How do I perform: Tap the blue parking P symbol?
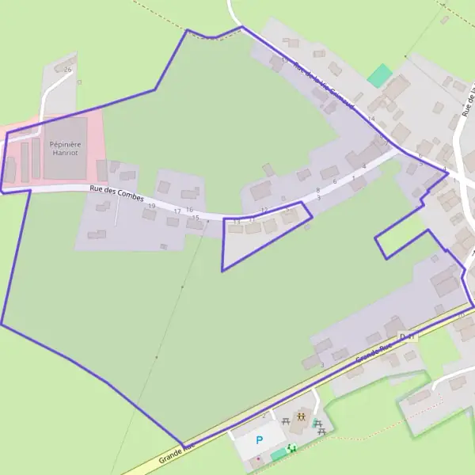(259, 440)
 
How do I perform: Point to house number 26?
(68, 70)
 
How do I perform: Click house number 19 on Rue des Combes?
(151, 206)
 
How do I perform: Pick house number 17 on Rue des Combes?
(177, 211)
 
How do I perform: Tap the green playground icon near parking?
(292, 448)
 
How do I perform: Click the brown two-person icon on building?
(302, 416)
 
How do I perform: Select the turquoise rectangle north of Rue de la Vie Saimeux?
(380, 76)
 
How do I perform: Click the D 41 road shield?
(408, 337)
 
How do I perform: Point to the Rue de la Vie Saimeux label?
(323, 82)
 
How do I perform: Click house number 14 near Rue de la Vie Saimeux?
(370, 119)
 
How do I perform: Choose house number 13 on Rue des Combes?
(236, 222)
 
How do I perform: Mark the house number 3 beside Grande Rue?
(322, 365)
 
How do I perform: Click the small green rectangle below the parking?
(278, 455)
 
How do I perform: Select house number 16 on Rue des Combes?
(189, 210)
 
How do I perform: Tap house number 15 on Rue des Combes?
(196, 218)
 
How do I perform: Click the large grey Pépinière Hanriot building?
(66, 148)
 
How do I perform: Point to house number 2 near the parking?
(264, 416)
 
